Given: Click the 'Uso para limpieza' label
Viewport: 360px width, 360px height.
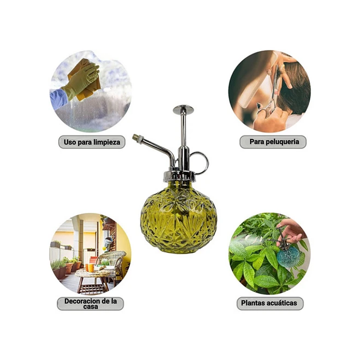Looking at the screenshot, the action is pos(92,142).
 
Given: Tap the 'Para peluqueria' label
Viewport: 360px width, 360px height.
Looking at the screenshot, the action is pos(273,142).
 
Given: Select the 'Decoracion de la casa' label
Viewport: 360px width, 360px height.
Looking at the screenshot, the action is pos(91,304).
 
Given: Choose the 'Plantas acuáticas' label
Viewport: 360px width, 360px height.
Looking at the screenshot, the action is pos(270,304).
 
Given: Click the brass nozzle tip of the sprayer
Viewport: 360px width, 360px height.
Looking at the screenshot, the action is pos(135,137).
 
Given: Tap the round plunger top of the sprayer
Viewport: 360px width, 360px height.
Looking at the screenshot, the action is pos(183,109).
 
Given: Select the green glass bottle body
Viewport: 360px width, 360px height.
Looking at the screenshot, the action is pos(178,218).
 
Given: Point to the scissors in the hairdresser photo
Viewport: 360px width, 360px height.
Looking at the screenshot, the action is pos(271,96).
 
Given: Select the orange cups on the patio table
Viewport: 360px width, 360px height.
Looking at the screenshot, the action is pos(90,268).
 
